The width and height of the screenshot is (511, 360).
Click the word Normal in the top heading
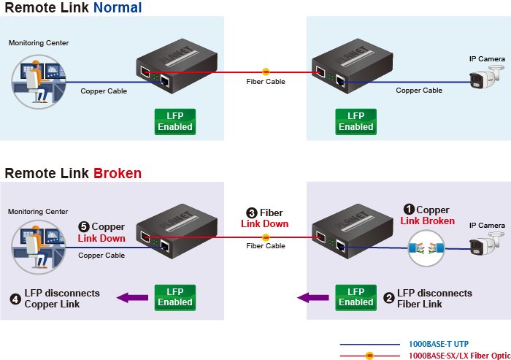click(118, 8)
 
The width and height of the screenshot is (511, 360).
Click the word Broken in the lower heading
click(118, 173)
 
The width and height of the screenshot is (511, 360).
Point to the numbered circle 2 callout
click(388, 298)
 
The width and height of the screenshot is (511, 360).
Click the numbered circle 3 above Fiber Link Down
click(252, 213)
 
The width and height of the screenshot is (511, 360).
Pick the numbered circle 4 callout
click(15, 298)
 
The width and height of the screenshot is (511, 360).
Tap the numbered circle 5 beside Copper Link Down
click(84, 227)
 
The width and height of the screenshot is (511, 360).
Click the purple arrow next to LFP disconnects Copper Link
click(132, 297)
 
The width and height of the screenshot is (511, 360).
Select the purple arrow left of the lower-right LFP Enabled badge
click(312, 297)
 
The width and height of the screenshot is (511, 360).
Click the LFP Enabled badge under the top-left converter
click(175, 121)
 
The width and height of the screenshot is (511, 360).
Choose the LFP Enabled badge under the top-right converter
click(356, 121)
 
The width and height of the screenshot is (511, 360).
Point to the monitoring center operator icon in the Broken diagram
click(33, 245)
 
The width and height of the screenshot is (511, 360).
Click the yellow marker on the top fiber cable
click(265, 72)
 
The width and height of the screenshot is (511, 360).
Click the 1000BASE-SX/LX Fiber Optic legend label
click(459, 355)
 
